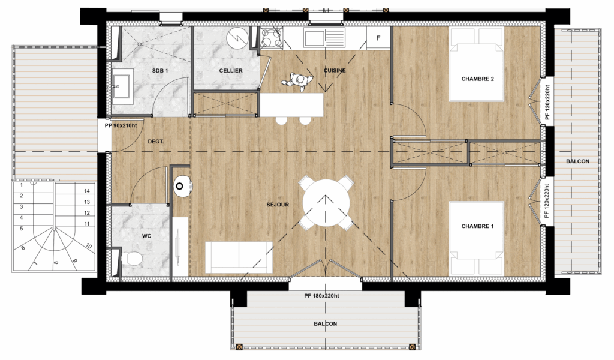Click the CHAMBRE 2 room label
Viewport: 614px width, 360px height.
pos(477,79)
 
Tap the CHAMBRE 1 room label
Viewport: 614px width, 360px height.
pos(477,226)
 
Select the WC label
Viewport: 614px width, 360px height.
pos(146,236)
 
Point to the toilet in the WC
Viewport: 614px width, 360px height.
pos(131,259)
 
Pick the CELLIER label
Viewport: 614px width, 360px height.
pos(231,71)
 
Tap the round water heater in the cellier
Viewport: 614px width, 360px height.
pos(237,38)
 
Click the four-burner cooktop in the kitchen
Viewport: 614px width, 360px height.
pos(272,38)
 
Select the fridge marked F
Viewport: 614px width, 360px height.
pos(378,38)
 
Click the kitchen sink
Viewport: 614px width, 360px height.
pos(324,37)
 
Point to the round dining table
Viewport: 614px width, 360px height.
pos(326,203)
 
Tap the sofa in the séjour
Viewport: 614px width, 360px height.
pos(239,257)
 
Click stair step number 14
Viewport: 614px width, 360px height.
pos(87,191)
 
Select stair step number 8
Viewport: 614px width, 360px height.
pos(56,263)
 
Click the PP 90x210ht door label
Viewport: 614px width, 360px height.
pos(121,126)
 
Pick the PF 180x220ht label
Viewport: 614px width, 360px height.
pos(321,296)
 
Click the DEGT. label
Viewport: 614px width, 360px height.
pos(155,142)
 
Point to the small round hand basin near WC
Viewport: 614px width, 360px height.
pos(182,186)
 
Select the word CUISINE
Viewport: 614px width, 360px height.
pos(335,71)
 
